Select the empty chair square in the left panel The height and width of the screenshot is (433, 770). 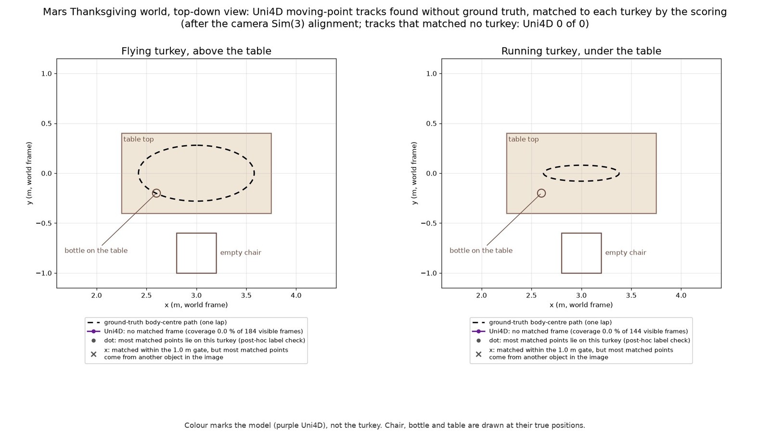point(177,253)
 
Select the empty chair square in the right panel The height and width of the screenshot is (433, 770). point(562,253)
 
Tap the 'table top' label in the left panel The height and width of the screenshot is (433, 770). point(139,139)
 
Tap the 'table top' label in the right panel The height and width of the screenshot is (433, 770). point(524,139)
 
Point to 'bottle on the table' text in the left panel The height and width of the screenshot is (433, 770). point(96,251)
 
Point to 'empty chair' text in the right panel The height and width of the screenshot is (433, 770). point(626,253)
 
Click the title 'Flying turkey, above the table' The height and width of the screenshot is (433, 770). point(196,51)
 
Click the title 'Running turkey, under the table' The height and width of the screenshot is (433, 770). point(581,51)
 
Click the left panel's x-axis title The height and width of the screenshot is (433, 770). point(196,305)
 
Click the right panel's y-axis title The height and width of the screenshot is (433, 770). point(414,173)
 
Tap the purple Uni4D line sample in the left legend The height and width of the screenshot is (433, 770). point(93,331)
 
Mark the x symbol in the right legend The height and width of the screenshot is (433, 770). point(478,354)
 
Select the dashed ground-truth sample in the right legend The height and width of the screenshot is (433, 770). point(478,322)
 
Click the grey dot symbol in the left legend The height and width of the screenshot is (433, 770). point(93,341)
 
